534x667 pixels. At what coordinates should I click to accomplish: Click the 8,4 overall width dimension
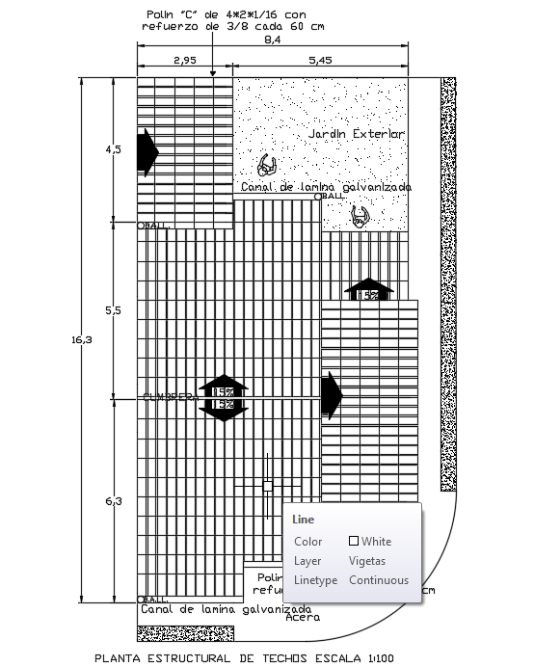point(272,40)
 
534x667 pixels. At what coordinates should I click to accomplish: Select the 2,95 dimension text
point(185,60)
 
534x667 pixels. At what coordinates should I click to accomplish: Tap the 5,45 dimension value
point(320,60)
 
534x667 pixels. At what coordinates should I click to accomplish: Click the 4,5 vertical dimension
point(114,149)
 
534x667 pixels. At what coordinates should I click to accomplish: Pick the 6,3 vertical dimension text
point(114,500)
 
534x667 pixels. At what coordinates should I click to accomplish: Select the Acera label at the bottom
point(303,618)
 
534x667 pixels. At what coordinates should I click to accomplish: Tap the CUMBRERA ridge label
point(170,396)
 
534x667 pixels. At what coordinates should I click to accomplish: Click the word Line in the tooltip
point(303,520)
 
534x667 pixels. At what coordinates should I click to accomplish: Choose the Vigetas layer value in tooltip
point(367,561)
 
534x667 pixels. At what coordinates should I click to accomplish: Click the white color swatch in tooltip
point(354,542)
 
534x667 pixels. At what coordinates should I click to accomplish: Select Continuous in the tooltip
point(379,580)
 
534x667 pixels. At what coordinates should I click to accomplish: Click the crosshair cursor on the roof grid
point(268,485)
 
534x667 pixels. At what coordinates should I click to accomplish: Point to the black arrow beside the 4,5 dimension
point(147,152)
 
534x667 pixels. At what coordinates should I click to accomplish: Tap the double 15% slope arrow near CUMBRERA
point(224,397)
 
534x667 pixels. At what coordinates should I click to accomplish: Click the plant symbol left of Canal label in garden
point(267,165)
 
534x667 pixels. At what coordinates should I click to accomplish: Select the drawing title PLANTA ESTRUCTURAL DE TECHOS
point(245,658)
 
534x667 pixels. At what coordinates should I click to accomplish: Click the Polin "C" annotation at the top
point(225,20)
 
